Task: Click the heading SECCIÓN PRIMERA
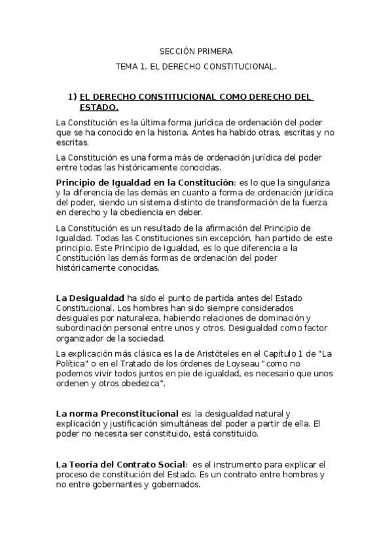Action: [x=196, y=50]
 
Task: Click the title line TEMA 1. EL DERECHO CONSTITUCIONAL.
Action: [x=196, y=66]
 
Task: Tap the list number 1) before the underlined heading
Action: [x=73, y=97]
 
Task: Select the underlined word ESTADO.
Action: [x=99, y=107]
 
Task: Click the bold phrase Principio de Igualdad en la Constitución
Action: [x=144, y=182]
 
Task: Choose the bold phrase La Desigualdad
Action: [x=90, y=298]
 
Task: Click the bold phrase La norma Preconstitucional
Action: [x=117, y=414]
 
